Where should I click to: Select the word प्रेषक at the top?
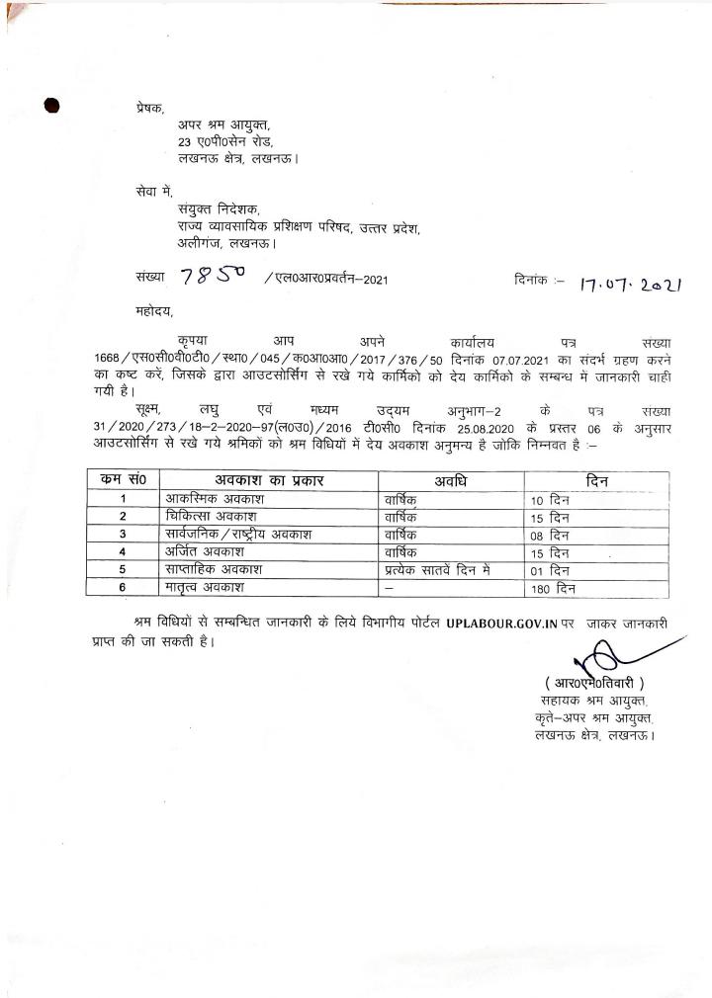[149, 108]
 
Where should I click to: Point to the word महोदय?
[155, 310]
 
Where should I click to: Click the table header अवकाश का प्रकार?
[269, 480]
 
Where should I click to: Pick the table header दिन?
[595, 480]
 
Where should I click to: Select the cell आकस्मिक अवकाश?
[212, 499]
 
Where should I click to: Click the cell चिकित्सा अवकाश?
[212, 517]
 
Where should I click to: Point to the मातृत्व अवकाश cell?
[206, 588]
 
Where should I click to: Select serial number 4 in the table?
[123, 552]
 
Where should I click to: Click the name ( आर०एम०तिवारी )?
[594, 684]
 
